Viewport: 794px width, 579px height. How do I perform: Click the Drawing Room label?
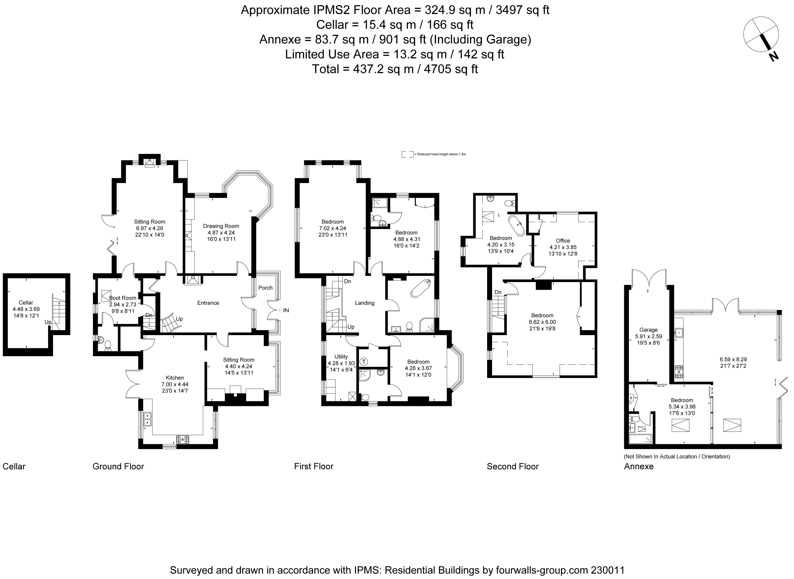[x=221, y=226]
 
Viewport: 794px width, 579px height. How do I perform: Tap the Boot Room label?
[x=122, y=298]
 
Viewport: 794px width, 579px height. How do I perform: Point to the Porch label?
[x=265, y=288]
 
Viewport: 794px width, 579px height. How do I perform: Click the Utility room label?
[x=341, y=357]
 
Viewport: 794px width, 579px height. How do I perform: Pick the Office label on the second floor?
[x=563, y=240]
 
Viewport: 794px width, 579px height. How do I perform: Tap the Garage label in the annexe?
[x=648, y=330]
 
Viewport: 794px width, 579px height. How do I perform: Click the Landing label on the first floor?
[x=365, y=303]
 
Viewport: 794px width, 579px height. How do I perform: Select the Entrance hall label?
[x=208, y=303]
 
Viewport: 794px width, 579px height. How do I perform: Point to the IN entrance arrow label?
[x=286, y=310]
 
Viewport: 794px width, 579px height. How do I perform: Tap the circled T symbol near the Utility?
[x=364, y=361]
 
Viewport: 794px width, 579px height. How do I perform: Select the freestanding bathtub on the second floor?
[x=517, y=225]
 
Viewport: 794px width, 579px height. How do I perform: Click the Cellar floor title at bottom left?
[x=14, y=466]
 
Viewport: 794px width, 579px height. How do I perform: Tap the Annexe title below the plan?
[x=639, y=466]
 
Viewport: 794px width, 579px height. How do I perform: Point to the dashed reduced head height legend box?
[x=407, y=154]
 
